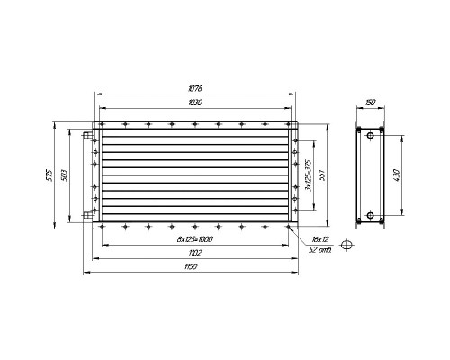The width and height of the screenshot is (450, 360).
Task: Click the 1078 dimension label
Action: coord(195,88)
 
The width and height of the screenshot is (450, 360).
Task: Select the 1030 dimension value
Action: coord(195,103)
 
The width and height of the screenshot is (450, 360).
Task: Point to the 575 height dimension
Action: coord(49,175)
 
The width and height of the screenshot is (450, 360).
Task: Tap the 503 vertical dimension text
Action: coord(64,175)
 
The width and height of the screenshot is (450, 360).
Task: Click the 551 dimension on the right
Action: coord(322,175)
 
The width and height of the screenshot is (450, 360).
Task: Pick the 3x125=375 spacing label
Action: coord(308,175)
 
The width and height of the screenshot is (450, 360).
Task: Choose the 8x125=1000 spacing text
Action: coord(195,239)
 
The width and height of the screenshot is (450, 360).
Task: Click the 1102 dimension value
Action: coord(195,253)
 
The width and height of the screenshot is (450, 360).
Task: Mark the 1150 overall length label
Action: coord(191,266)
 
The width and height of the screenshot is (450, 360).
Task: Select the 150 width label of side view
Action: coord(371,103)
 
